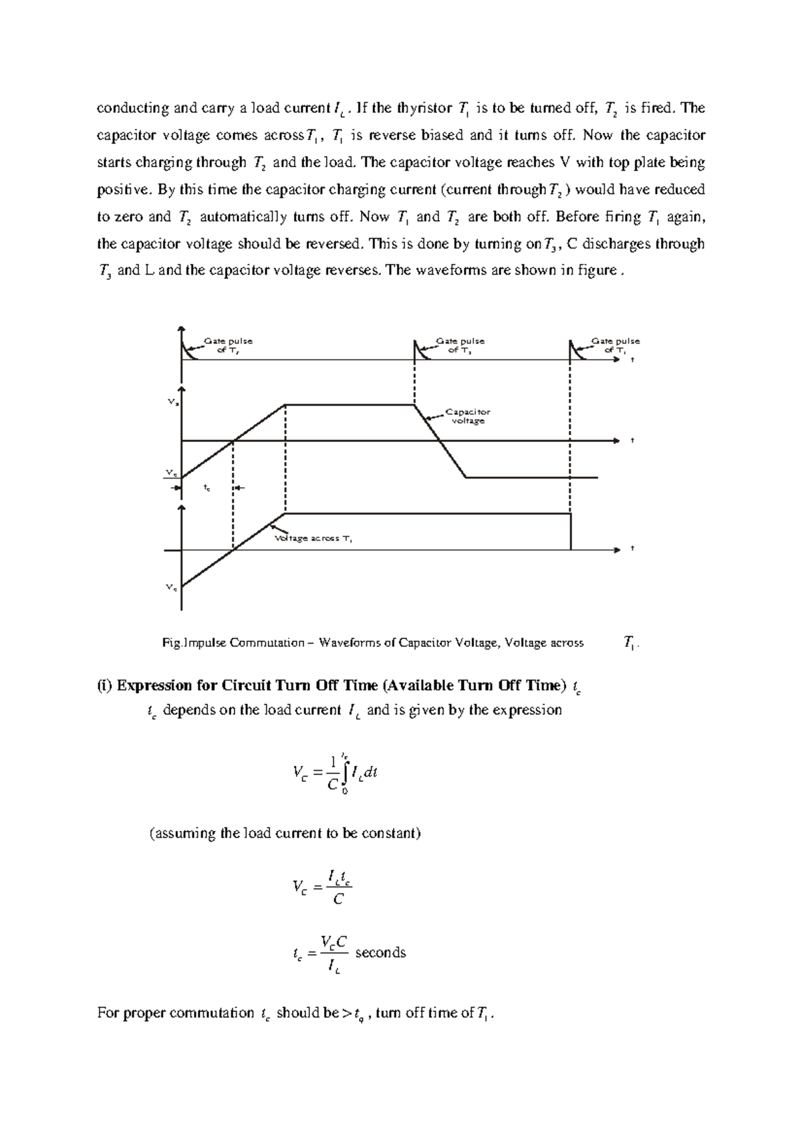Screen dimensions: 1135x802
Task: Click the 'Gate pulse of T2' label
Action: pyautogui.click(x=228, y=345)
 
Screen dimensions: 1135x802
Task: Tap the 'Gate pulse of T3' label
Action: pyautogui.click(x=460, y=345)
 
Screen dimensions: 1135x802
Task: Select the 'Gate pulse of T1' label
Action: pyautogui.click(x=615, y=345)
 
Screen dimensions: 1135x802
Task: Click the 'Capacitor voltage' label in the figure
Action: pyautogui.click(x=468, y=416)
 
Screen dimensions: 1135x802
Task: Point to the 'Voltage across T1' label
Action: pyautogui.click(x=313, y=538)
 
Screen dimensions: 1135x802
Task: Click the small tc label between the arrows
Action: pyautogui.click(x=207, y=489)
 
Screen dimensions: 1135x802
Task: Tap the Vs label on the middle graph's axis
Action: pyautogui.click(x=172, y=403)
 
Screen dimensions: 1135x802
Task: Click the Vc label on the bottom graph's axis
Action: pyautogui.click(x=171, y=588)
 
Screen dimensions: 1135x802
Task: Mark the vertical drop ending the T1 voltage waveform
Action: pyautogui.click(x=571, y=531)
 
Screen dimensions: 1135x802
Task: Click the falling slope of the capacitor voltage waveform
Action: pyautogui.click(x=440, y=441)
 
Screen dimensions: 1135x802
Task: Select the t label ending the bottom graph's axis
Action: pyautogui.click(x=632, y=549)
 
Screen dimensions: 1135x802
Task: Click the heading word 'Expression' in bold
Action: pyautogui.click(x=156, y=685)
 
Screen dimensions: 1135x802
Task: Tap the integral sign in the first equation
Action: pyautogui.click(x=345, y=773)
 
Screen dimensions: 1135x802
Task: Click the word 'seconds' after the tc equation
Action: pyautogui.click(x=380, y=953)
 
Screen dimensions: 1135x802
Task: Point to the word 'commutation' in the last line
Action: pyautogui.click(x=212, y=1013)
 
